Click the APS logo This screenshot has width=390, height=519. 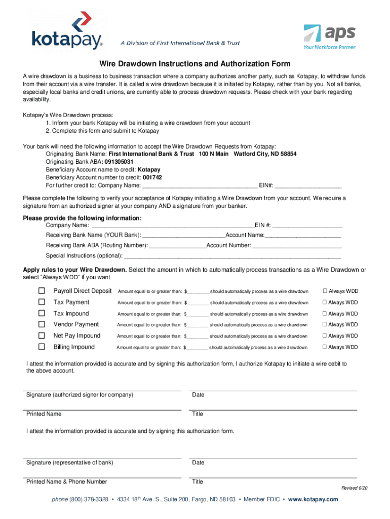click(329, 36)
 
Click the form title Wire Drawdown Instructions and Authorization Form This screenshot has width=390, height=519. click(194, 64)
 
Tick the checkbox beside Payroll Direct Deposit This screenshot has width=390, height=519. click(42, 291)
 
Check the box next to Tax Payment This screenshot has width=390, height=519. click(42, 302)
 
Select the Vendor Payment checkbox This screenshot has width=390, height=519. click(42, 324)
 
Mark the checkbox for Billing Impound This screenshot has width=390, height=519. click(42, 347)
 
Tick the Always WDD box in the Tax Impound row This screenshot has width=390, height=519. click(325, 314)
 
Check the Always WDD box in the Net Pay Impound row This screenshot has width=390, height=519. click(325, 336)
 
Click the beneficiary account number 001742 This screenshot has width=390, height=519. click(152, 178)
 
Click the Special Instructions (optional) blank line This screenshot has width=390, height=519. click(232, 256)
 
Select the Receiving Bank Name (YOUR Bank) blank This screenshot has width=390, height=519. click(184, 236)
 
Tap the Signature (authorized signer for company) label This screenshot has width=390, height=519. click(80, 395)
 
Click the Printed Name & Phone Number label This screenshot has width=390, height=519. click(66, 481)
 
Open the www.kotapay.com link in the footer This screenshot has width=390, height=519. click(313, 500)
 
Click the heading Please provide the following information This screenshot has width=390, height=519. click(83, 218)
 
